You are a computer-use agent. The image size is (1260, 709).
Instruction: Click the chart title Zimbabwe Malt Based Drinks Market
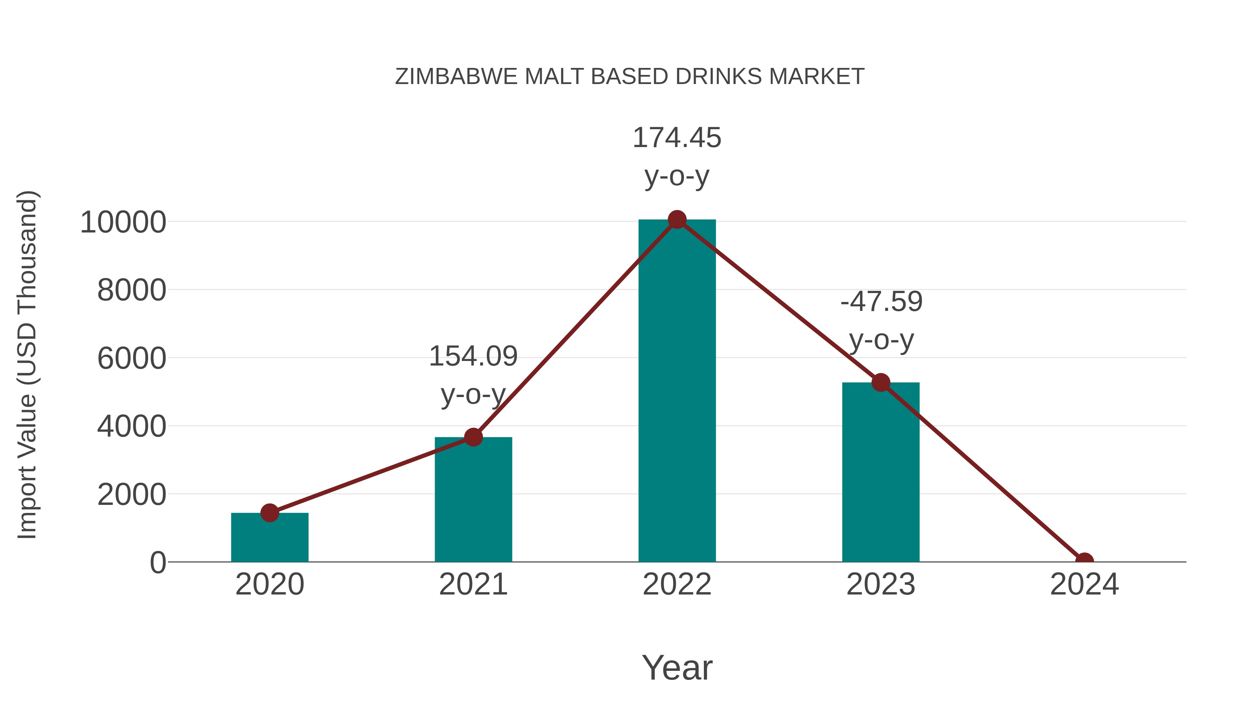(630, 77)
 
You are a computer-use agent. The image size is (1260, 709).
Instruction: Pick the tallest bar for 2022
(677, 391)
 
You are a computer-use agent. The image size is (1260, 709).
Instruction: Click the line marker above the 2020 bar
(269, 513)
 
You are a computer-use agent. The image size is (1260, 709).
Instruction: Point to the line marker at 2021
(473, 437)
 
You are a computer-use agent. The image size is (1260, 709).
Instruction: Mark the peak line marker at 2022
(677, 220)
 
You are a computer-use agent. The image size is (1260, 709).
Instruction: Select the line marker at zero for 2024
(1084, 561)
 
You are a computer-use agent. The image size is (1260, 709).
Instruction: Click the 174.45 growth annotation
(677, 138)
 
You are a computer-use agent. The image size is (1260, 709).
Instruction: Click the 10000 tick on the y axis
(123, 223)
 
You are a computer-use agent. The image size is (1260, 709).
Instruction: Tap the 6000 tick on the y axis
(132, 359)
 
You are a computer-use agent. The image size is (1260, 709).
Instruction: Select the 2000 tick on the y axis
(132, 495)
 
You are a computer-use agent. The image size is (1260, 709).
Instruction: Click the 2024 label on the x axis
(1084, 584)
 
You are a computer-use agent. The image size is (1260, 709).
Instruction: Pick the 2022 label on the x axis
(677, 584)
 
